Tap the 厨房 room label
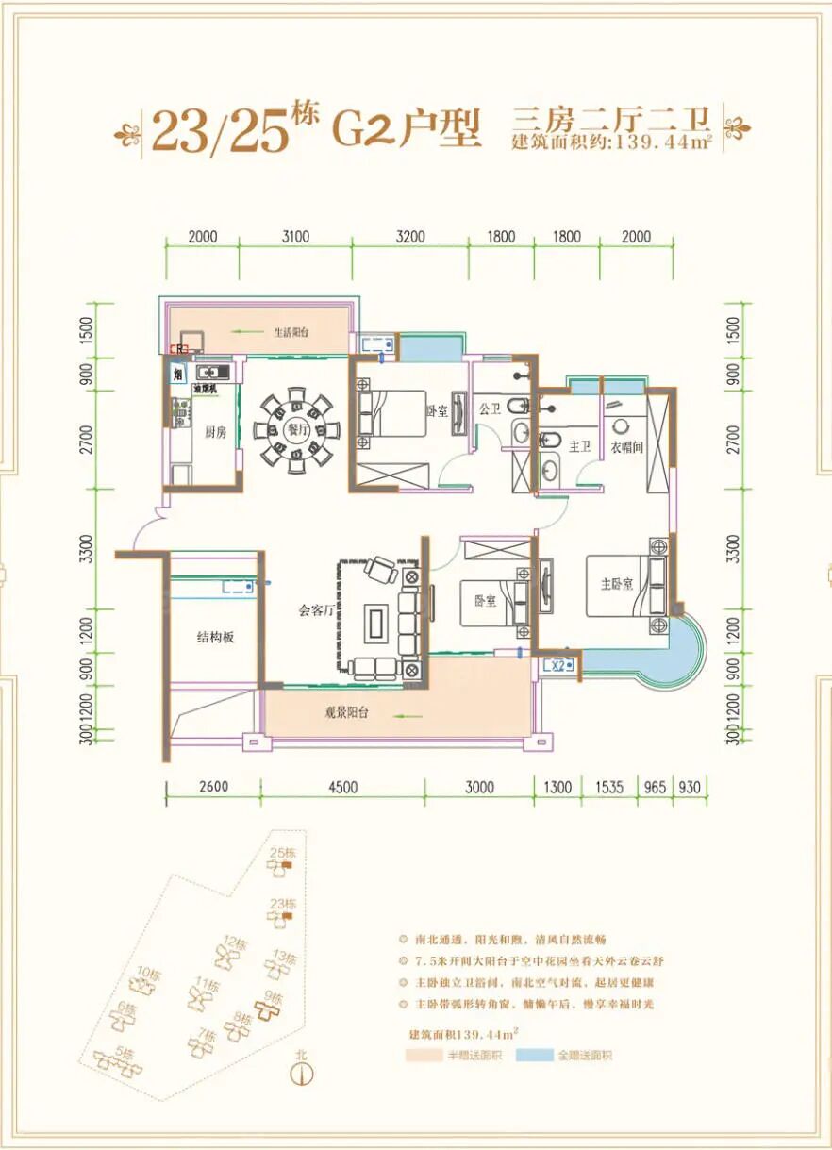(215, 431)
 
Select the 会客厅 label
(318, 610)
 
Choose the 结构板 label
(215, 638)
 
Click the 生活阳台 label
(291, 332)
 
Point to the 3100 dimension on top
(295, 237)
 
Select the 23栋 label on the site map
(283, 904)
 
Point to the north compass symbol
(303, 1072)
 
